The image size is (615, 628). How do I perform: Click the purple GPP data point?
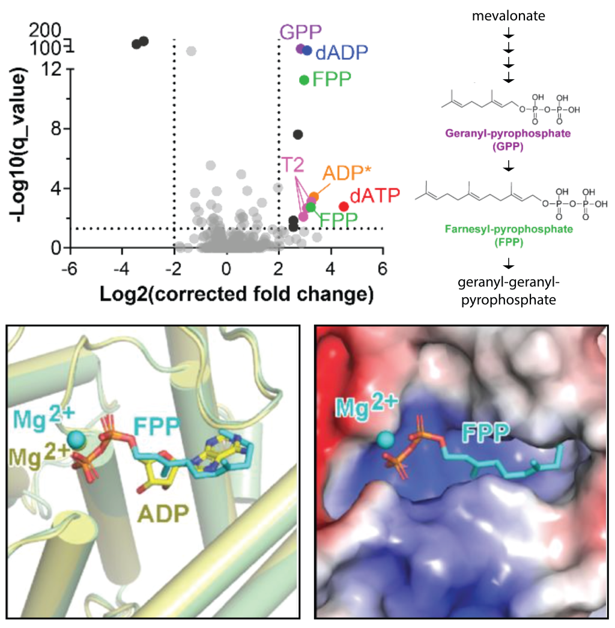pyautogui.click(x=301, y=49)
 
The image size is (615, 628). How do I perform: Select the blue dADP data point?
pyautogui.click(x=307, y=51)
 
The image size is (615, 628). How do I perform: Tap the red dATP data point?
pyautogui.click(x=344, y=207)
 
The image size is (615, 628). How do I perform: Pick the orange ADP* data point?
pyautogui.click(x=314, y=196)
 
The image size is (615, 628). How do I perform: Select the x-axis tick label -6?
pyautogui.click(x=70, y=268)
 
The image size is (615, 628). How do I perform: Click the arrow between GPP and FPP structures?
pyautogui.click(x=509, y=165)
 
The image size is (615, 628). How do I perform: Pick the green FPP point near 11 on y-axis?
pyautogui.click(x=304, y=80)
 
